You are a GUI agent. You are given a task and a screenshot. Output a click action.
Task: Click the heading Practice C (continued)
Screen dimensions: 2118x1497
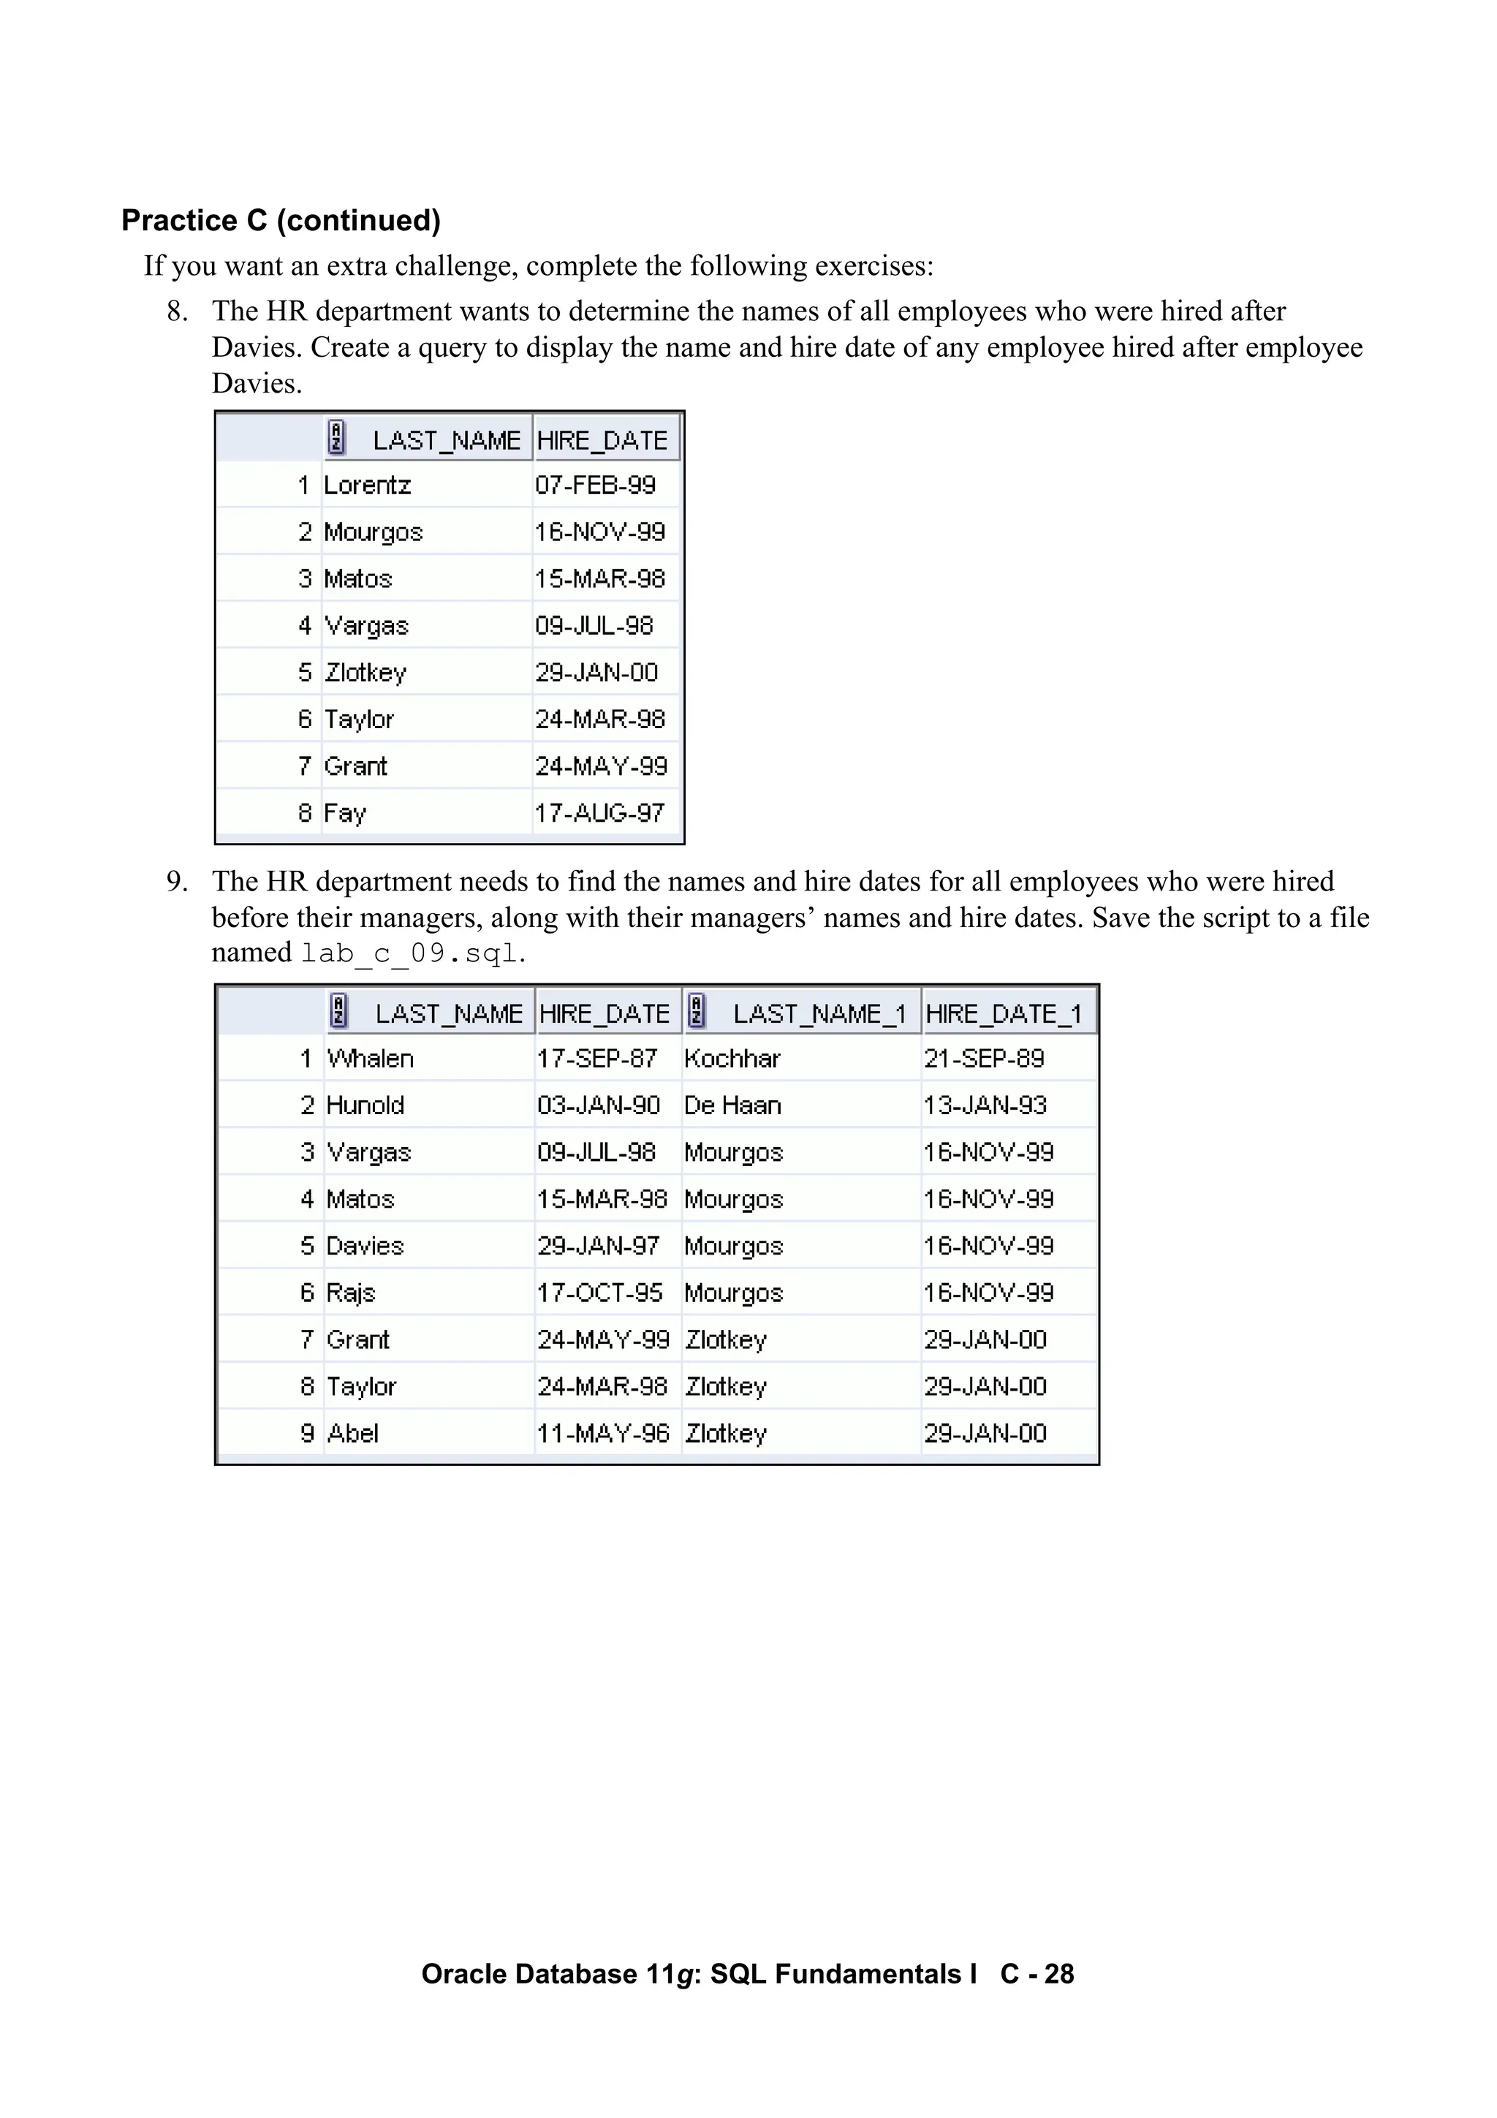[281, 221]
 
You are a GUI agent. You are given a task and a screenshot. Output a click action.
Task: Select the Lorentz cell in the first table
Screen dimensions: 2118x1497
[367, 485]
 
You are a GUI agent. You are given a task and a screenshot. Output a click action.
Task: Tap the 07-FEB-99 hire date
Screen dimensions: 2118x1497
[596, 485]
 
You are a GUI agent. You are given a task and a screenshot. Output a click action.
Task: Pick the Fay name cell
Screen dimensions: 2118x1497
[345, 813]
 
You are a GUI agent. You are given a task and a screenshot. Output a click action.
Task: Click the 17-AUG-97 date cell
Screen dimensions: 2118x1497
[599, 813]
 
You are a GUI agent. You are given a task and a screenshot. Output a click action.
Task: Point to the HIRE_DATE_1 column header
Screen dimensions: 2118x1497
[1003, 1014]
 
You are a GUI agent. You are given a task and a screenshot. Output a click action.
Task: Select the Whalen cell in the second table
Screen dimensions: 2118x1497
[370, 1058]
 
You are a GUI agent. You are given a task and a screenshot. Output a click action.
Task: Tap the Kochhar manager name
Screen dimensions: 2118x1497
[732, 1058]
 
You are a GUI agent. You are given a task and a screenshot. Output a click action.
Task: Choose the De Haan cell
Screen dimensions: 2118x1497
[732, 1105]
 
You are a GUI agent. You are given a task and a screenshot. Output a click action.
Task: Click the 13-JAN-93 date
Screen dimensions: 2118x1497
[985, 1105]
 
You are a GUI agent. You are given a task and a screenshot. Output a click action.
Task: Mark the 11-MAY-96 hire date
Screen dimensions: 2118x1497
[603, 1433]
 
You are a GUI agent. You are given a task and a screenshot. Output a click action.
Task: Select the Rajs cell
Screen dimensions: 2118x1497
[351, 1293]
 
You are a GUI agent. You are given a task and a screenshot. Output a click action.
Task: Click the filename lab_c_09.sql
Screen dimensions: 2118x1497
[409, 953]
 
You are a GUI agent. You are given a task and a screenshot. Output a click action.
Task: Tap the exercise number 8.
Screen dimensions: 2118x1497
[176, 311]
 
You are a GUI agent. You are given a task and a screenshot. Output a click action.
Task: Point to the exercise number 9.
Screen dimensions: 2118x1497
[176, 882]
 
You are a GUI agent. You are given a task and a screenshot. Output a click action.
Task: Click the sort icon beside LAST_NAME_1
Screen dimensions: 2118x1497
[697, 1011]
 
